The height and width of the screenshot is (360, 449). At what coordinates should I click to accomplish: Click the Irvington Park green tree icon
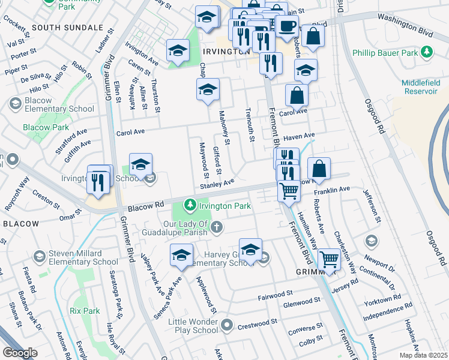tap(190, 206)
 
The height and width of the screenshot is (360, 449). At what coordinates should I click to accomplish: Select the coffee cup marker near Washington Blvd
tap(287, 26)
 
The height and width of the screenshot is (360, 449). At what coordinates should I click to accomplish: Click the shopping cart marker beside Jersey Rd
tap(329, 260)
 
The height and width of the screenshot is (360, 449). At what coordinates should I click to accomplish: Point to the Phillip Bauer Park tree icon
tap(427, 53)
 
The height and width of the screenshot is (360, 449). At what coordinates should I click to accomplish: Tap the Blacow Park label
tap(46, 127)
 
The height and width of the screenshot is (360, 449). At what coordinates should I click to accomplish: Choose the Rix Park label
tap(84, 311)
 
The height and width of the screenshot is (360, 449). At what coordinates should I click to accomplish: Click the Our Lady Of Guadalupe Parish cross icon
tap(216, 227)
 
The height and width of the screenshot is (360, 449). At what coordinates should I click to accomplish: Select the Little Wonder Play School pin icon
tap(226, 326)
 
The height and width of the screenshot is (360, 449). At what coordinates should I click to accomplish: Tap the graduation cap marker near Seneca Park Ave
tap(181, 256)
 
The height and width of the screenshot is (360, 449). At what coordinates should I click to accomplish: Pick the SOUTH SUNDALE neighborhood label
tap(67, 28)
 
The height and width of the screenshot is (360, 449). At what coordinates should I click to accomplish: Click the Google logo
tap(20, 353)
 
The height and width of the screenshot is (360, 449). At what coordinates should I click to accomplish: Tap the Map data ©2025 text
tap(423, 355)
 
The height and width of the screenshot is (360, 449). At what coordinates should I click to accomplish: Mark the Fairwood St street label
tap(275, 295)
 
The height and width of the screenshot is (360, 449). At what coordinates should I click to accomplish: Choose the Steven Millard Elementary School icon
tap(39, 257)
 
